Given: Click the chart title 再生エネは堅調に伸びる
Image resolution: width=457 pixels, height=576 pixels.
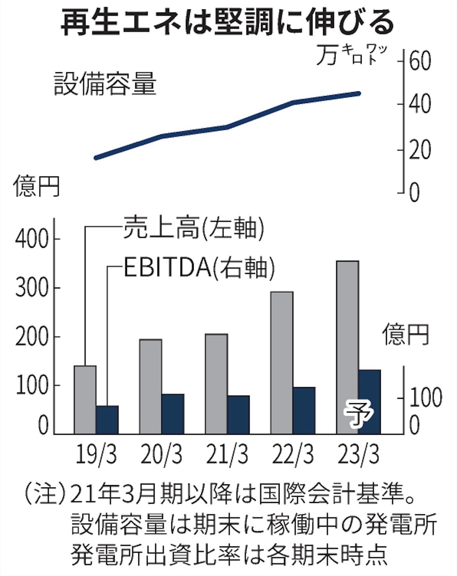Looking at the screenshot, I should click(x=227, y=22).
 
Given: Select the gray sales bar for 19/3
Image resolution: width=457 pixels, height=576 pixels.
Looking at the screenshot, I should click(x=85, y=400).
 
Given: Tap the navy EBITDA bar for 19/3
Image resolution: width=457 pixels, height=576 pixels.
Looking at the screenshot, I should click(x=107, y=420).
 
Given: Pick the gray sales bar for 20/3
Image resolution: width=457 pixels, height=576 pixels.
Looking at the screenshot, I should click(x=151, y=386).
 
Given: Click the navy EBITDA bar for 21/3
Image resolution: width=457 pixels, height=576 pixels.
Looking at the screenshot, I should click(x=238, y=414).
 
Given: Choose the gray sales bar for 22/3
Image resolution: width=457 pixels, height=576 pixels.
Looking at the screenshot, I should click(x=282, y=363).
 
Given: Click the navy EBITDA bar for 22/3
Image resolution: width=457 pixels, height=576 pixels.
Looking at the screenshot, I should click(x=304, y=410).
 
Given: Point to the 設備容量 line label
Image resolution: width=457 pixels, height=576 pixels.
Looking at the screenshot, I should click(x=105, y=83).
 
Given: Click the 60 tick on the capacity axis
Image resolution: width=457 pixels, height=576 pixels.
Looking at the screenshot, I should click(x=420, y=62).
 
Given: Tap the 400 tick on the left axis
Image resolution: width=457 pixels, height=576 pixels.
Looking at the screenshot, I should click(x=32, y=239).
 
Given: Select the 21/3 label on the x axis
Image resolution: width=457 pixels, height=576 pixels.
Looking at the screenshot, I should click(x=227, y=455).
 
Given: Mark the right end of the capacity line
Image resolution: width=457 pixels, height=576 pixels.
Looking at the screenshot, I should click(x=359, y=93).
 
